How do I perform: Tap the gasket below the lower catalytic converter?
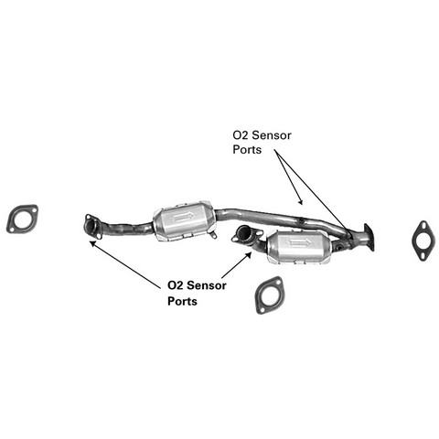coord(260,298)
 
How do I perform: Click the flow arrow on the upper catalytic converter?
coord(183,217)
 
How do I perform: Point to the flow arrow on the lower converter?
coord(300,242)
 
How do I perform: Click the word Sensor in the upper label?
coord(272,135)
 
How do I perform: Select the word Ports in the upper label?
coord(247,150)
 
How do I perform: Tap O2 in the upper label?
coord(241,135)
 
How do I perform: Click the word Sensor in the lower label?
coord(207,285)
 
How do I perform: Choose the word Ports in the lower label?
coord(182,301)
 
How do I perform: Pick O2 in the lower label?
coord(176,285)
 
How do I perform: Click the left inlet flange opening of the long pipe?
coord(90,226)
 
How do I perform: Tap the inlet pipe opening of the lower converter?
coord(244,233)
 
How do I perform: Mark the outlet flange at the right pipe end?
coord(369,237)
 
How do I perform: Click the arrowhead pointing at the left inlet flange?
coord(91,243)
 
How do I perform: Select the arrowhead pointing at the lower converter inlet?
coord(249,254)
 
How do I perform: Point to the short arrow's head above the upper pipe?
coord(301,202)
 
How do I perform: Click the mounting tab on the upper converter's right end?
coord(213,235)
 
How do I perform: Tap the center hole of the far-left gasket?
coord(23,219)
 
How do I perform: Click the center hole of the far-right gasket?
coord(423,241)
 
